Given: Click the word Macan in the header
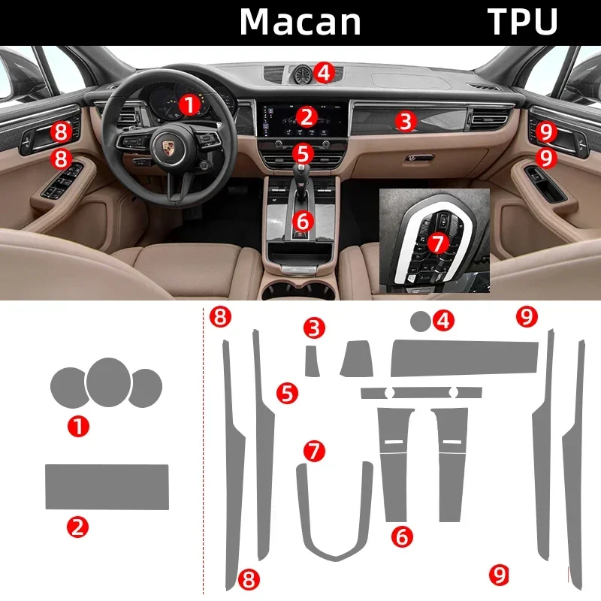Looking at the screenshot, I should [x=300, y=23].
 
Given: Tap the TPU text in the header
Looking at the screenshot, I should [x=523, y=23].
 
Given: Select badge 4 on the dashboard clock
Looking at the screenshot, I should [x=323, y=72].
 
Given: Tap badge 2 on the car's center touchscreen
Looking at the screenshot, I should [x=305, y=116].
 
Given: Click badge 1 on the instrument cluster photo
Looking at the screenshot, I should [x=189, y=104].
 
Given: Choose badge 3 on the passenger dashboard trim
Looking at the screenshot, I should [x=406, y=120].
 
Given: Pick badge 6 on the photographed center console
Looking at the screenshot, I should [x=302, y=221].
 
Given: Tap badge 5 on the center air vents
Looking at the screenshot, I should [x=302, y=153].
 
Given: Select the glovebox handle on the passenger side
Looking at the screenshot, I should [x=418, y=159].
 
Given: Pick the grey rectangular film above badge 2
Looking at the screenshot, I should [x=107, y=487].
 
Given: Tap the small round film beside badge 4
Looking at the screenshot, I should [x=421, y=322].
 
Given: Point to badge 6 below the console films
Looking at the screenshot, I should [x=403, y=536].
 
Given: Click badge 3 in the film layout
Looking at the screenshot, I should [x=315, y=328].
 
